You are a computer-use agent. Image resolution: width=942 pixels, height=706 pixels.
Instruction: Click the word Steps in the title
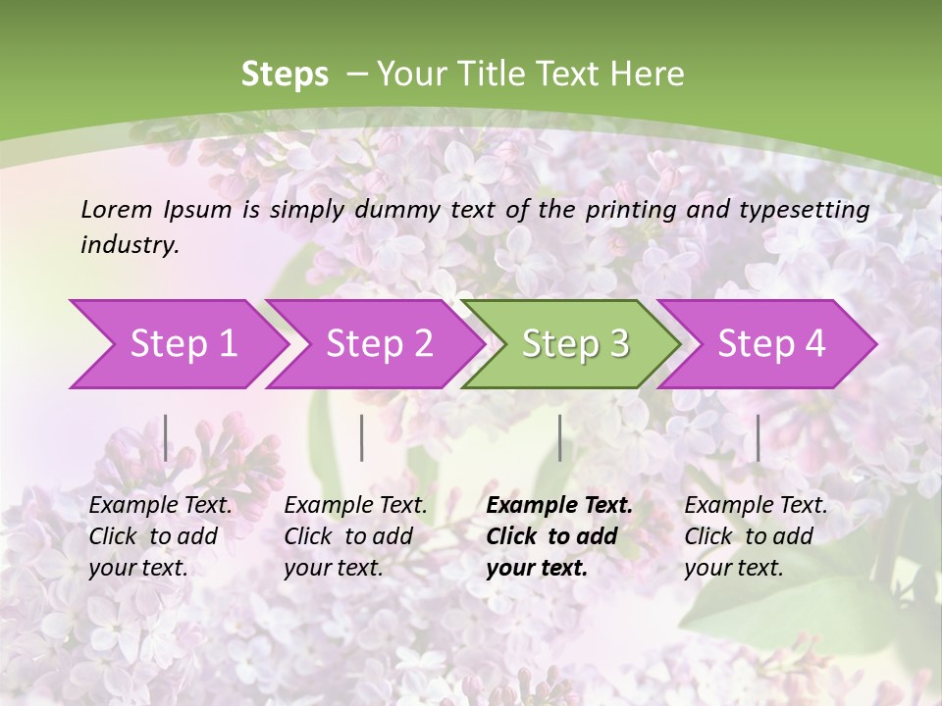pyautogui.click(x=285, y=75)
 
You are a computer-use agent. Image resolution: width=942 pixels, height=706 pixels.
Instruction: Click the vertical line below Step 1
pyautogui.click(x=166, y=437)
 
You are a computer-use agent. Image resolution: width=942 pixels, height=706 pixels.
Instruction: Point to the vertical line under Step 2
pyautogui.click(x=362, y=437)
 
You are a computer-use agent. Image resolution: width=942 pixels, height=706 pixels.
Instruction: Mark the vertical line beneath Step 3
pyautogui.click(x=560, y=437)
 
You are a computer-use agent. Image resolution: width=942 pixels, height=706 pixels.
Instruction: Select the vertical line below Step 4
pyautogui.click(x=758, y=437)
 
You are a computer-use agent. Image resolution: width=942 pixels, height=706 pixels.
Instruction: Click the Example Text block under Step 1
pyautogui.click(x=160, y=536)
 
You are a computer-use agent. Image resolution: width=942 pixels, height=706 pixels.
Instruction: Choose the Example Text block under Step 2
pyautogui.click(x=355, y=536)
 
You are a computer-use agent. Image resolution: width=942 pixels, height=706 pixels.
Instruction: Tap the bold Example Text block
pyautogui.click(x=559, y=536)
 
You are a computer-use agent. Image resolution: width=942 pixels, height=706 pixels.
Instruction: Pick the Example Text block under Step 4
pyautogui.click(x=756, y=536)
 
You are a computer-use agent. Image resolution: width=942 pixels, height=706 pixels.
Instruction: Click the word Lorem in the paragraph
pyautogui.click(x=116, y=209)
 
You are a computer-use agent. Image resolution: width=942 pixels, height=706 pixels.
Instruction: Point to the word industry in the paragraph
pyautogui.click(x=129, y=245)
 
